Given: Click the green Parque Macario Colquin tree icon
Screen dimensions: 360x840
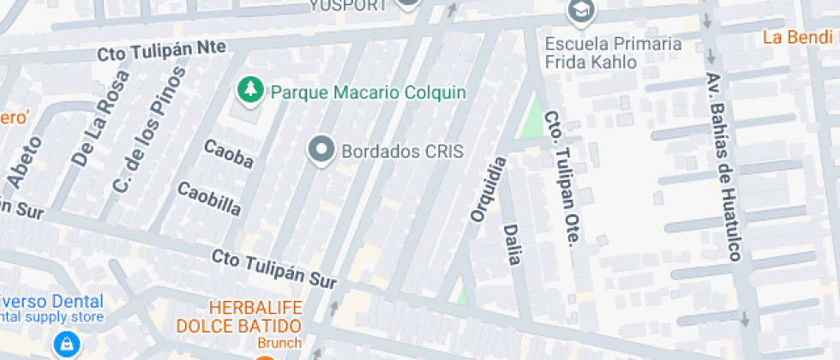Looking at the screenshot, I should coord(250,90).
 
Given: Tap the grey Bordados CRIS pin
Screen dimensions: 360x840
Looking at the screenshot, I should coord(321,151).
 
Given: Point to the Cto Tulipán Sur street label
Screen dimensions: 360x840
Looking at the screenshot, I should coord(275,268).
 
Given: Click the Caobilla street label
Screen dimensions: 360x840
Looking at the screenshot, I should coord(208,198).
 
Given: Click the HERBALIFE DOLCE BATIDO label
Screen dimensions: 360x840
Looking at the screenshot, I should coord(239,317).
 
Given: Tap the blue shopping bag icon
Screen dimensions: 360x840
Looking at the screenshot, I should coord(65,345).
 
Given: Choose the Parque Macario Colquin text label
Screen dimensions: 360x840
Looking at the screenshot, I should coord(368,91).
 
